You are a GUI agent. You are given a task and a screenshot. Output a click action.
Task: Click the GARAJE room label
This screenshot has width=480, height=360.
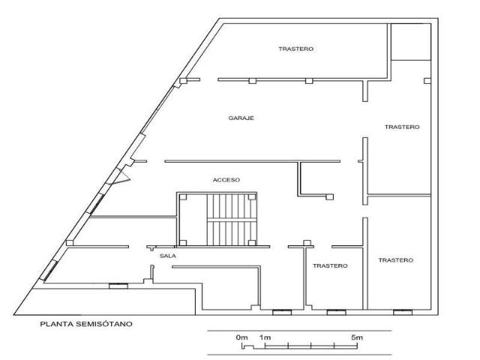click(x=241, y=118)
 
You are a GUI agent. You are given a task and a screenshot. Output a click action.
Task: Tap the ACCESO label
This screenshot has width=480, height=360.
click(x=226, y=180)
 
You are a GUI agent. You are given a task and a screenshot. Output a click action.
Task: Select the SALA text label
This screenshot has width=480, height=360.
click(x=168, y=256)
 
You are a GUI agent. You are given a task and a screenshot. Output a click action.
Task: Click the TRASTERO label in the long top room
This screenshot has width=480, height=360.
click(x=296, y=49)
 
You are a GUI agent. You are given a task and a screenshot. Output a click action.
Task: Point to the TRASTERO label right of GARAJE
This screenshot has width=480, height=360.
click(x=402, y=127)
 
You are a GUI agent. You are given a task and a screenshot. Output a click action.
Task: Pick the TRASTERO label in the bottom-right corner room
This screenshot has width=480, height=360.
click(x=396, y=260)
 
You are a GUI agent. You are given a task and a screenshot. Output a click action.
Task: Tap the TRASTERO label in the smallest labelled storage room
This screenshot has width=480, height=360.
click(x=330, y=266)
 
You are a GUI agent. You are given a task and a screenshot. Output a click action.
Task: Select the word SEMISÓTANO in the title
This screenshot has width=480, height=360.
click(x=104, y=324)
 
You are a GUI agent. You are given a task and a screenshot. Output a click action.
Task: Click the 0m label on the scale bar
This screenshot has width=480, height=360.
click(x=241, y=337)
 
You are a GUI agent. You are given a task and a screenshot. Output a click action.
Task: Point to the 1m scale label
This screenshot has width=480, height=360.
click(x=265, y=337)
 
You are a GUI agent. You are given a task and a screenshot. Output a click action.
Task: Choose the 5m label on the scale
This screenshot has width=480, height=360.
click(x=357, y=337)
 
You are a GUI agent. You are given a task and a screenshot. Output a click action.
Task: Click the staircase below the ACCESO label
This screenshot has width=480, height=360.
click(x=232, y=220)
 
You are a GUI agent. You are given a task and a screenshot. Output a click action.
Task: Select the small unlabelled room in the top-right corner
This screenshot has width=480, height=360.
click(x=411, y=42)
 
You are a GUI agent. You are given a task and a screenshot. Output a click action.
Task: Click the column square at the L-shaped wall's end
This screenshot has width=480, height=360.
click(x=329, y=197)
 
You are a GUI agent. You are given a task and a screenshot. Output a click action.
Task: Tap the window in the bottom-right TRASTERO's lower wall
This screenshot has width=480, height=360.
click(x=403, y=313)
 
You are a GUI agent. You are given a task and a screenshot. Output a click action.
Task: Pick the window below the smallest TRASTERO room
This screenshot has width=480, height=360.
click(x=337, y=313)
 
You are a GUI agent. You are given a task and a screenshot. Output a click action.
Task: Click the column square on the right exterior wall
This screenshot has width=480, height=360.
click(x=427, y=81)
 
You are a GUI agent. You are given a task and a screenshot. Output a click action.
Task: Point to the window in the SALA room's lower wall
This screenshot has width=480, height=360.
click(x=118, y=286)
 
